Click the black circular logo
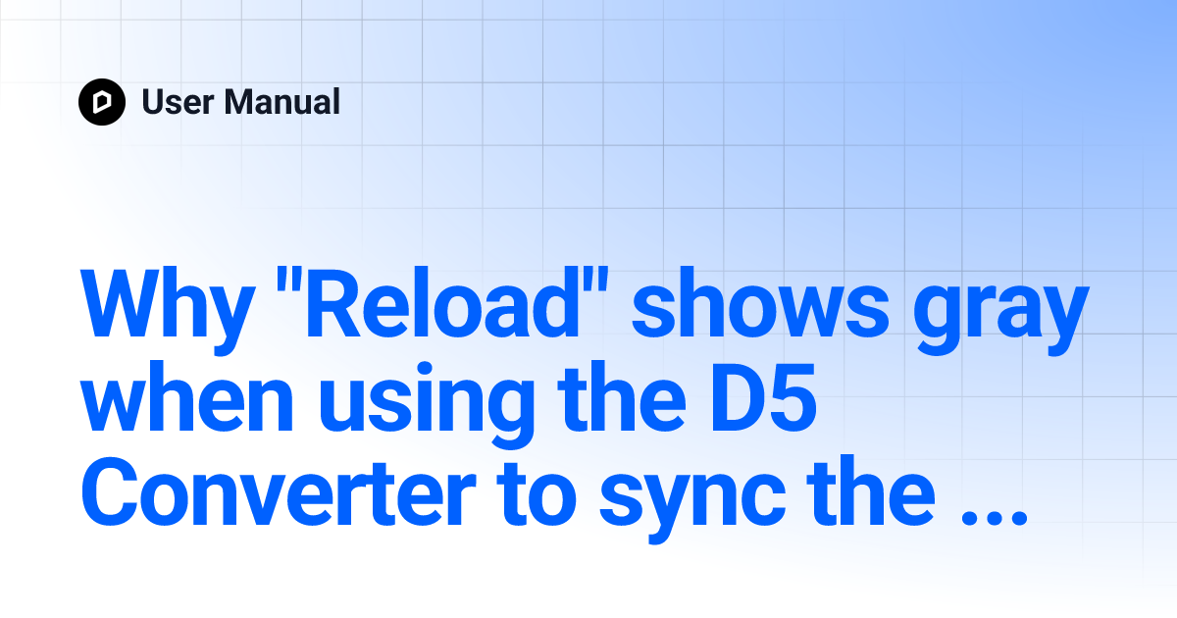click(x=102, y=102)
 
